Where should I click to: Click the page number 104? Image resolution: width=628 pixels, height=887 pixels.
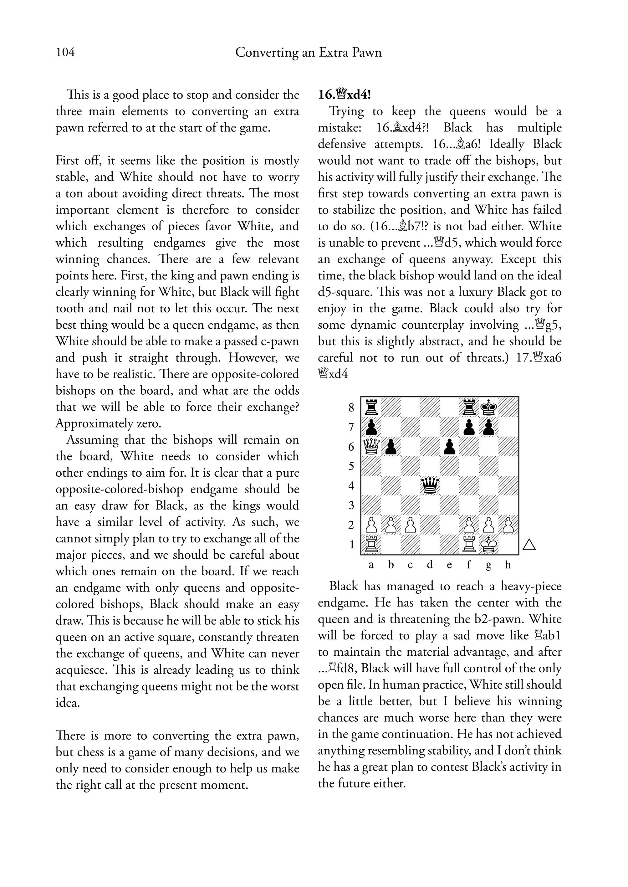tap(65, 52)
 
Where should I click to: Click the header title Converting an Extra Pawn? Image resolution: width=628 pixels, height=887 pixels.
tap(308, 52)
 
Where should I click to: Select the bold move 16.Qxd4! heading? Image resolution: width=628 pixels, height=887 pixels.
tap(344, 95)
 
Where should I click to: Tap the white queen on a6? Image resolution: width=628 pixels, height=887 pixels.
tap(371, 447)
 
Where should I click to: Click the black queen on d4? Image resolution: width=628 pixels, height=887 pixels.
tap(430, 486)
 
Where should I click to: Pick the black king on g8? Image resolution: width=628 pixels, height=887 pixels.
tap(489, 407)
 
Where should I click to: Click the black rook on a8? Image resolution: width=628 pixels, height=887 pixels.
tap(371, 407)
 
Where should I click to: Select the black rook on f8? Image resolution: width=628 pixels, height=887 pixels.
tap(469, 407)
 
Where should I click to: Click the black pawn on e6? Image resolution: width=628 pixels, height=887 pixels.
tap(449, 447)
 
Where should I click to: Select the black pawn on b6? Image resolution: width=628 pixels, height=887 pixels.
tap(391, 447)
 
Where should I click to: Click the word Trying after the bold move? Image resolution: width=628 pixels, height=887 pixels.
tap(346, 111)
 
